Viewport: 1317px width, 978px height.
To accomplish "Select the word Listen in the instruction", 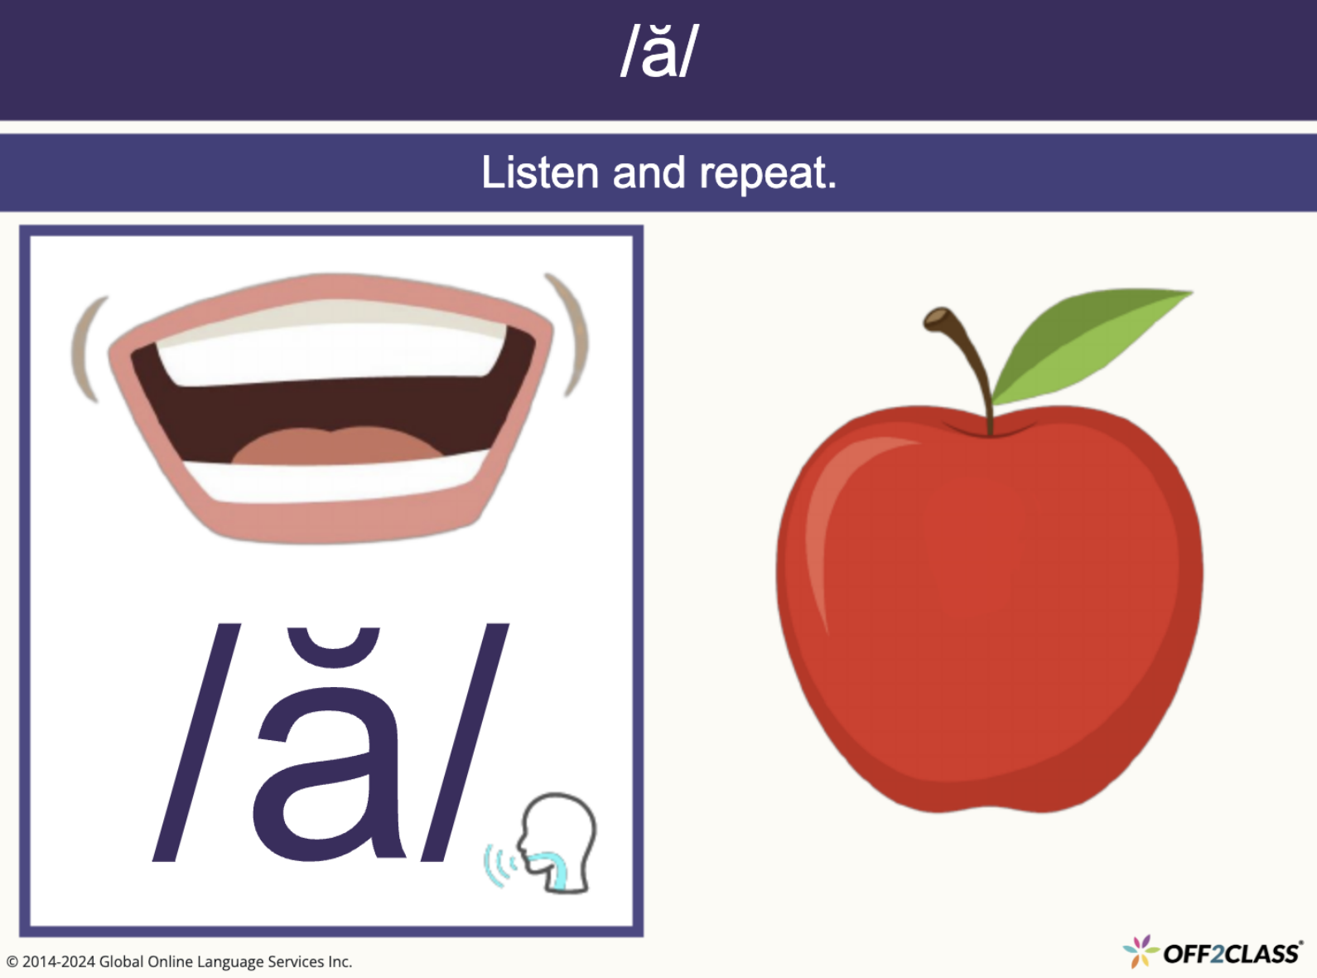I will point(540,173).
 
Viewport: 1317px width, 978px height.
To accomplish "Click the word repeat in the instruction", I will point(767,173).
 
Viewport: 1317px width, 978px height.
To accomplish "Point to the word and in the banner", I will point(649,173).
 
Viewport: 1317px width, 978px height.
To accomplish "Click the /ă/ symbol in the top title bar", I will point(659,51).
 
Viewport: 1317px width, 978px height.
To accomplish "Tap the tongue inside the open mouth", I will point(335,446).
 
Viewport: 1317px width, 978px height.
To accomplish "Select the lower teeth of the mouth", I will point(331,479).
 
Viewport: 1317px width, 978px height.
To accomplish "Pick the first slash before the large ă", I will point(197,742).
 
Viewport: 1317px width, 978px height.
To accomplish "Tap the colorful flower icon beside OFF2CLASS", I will point(1141,951).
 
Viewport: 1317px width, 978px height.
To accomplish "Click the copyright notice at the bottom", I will point(180,961).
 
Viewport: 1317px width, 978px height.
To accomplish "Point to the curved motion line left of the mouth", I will point(87,348).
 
